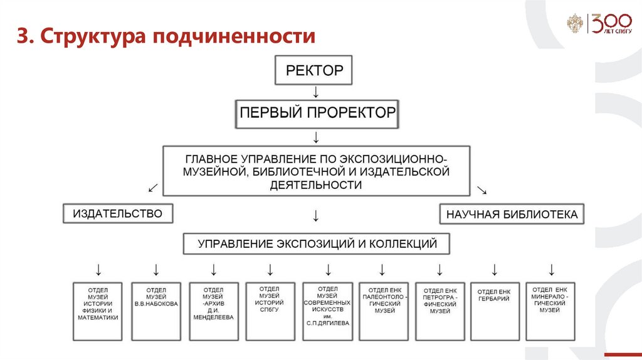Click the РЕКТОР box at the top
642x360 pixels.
coord(314,70)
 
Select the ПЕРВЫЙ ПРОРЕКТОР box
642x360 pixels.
coord(317,114)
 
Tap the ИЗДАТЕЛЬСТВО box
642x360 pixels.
coord(117,214)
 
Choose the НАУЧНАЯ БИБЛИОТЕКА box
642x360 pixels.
coord(512,214)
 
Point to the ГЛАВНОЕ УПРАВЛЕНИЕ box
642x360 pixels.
coord(316,170)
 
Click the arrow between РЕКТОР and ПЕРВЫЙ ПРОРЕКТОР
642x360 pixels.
coord(316,92)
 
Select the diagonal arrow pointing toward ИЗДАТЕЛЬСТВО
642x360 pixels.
coord(153,188)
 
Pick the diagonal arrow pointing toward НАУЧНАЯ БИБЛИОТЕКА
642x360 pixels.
coord(482,189)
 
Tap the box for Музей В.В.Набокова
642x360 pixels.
coord(156,311)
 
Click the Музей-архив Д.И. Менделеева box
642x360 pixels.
coord(214,311)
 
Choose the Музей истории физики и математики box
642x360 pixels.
coord(98,311)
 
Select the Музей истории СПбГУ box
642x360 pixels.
coord(270,311)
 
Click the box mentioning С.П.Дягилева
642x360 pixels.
coord(327,311)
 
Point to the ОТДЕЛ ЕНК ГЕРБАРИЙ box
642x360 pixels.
coord(493,311)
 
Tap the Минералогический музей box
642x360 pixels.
coord(550,311)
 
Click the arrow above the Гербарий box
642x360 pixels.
coord(494,270)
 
